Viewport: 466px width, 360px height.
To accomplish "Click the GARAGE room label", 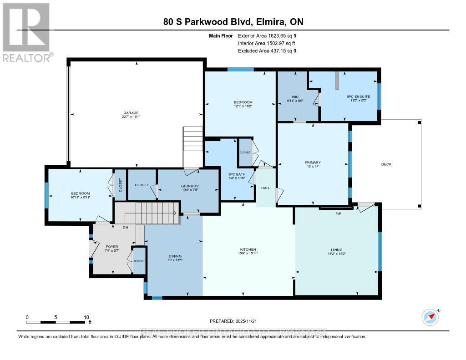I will (130, 113).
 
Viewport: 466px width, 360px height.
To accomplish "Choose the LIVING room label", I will (336, 249).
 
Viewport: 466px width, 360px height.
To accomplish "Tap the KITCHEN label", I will (248, 249).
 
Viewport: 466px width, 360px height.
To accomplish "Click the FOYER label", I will (111, 247).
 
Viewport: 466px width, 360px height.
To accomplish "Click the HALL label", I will (265, 188).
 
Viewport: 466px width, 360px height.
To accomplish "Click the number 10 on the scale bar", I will (86, 317).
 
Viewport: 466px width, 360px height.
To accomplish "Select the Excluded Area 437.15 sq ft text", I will (267, 51).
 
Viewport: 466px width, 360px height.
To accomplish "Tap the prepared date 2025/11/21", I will (256, 321).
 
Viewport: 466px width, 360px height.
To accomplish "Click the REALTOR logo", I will (27, 32).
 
